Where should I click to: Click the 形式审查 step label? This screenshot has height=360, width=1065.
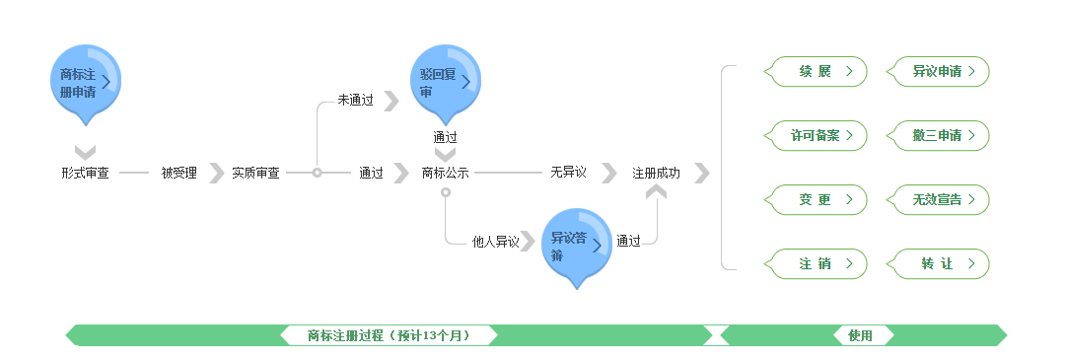(x=85, y=174)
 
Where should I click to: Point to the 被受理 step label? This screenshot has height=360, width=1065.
(x=179, y=174)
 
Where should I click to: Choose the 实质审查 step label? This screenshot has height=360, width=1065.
(x=255, y=174)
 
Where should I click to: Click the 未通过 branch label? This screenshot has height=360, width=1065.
(x=355, y=101)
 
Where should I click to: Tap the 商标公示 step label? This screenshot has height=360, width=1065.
(x=446, y=174)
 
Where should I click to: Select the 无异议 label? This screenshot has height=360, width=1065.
(x=569, y=174)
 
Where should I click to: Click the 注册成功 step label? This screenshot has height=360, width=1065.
(x=656, y=174)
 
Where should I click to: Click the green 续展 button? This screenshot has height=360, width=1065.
(x=816, y=72)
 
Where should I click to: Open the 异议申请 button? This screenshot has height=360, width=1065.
(x=939, y=72)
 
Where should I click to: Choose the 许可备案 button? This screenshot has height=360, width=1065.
(x=816, y=136)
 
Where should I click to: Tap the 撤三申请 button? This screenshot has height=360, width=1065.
(x=939, y=136)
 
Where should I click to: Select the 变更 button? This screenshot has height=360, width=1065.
(x=816, y=200)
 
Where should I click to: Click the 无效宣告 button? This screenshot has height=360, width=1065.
(x=939, y=200)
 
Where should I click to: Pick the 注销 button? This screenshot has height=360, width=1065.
(x=816, y=264)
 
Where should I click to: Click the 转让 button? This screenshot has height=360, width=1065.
(x=939, y=264)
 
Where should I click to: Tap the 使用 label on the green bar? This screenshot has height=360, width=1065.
(x=860, y=336)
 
